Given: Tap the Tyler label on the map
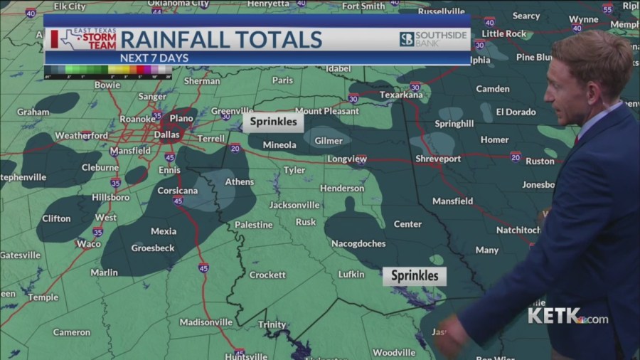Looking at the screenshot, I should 294,170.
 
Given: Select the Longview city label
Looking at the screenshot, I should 346,159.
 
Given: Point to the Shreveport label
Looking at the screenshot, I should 438,159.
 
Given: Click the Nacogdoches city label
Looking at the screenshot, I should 358,243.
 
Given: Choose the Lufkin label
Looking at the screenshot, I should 351,274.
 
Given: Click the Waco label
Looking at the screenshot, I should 89,243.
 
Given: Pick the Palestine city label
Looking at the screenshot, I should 254,225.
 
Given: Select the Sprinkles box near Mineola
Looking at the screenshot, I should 274,122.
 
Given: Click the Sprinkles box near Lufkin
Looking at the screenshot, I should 415,276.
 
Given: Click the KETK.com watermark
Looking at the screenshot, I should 567,317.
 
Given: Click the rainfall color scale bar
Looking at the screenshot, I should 107,70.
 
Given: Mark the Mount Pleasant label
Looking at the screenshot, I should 319,111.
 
